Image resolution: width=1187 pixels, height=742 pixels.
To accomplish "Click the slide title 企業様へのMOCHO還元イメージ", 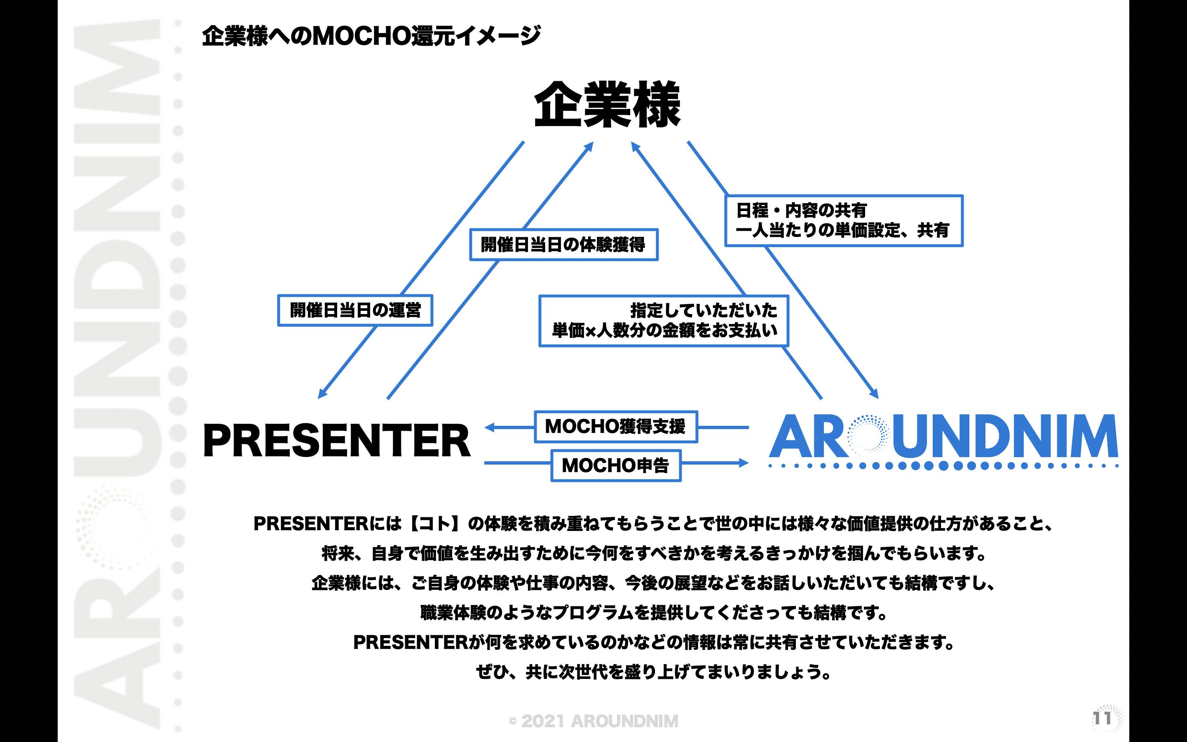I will [x=371, y=36].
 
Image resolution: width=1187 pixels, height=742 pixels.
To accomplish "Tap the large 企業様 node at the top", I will [x=607, y=105].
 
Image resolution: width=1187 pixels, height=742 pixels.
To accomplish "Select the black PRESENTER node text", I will [x=336, y=441].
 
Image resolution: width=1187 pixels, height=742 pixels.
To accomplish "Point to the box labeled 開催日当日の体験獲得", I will [x=563, y=244].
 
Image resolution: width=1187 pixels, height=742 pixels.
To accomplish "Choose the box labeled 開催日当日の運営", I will [x=355, y=310].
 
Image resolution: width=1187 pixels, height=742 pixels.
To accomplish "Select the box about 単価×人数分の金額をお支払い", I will [x=664, y=321].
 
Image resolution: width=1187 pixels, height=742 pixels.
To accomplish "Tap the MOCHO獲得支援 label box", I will [x=616, y=427].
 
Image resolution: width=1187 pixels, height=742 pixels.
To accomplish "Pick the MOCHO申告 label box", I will [x=616, y=465].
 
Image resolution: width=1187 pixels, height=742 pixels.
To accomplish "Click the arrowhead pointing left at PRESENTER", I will [x=489, y=427].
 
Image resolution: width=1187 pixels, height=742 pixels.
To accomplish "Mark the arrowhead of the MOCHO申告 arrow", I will [x=744, y=462].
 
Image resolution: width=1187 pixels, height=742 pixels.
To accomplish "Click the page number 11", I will [x=1102, y=719].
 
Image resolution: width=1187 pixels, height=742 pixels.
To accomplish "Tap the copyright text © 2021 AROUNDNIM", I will [x=593, y=721].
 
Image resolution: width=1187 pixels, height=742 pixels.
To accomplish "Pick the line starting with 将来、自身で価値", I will [x=653, y=554].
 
